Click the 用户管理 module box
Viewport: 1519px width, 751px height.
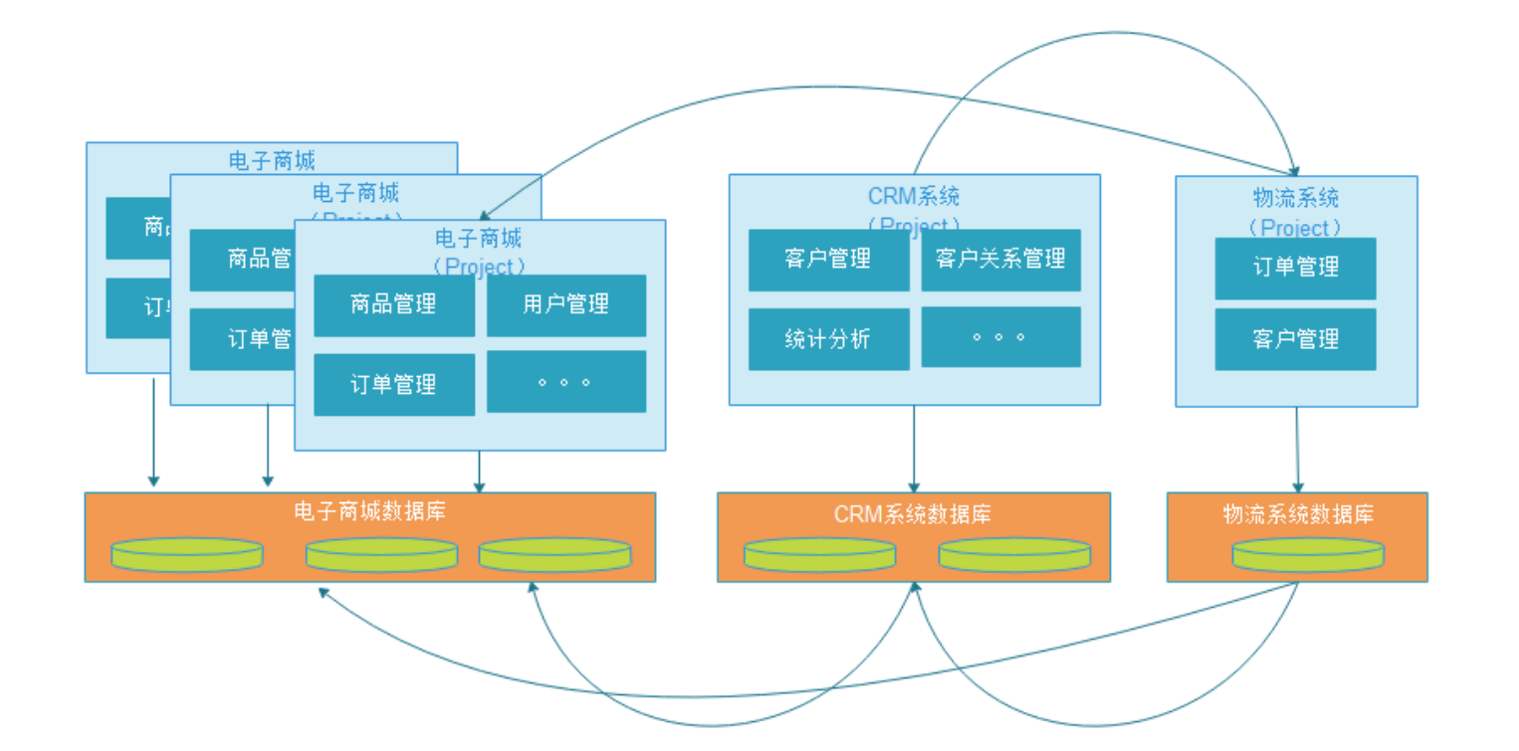565,305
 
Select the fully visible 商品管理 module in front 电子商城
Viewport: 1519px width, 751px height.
394,305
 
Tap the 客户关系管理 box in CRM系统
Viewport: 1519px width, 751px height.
1000,260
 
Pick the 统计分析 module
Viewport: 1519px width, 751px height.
828,339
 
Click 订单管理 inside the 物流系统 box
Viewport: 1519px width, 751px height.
1295,268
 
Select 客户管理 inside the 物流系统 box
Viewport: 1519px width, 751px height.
1295,339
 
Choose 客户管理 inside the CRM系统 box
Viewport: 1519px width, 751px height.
828,260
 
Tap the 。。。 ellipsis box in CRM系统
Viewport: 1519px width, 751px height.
1000,337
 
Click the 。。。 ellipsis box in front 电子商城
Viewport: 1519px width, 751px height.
565,382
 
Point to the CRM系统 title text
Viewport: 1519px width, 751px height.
914,196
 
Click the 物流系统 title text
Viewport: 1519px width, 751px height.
1295,197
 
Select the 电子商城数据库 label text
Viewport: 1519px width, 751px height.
369,512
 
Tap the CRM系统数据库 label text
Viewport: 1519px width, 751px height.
913,514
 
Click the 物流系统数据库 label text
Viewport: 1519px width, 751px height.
1298,514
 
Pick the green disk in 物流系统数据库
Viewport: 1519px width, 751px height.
1307,554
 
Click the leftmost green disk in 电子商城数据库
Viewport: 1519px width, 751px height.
187,554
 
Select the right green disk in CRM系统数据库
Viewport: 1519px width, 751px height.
1014,554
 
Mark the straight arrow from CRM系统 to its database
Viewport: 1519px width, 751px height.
914,448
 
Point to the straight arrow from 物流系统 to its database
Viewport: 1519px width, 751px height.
1297,448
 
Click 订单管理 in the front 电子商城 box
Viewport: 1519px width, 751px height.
394,385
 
